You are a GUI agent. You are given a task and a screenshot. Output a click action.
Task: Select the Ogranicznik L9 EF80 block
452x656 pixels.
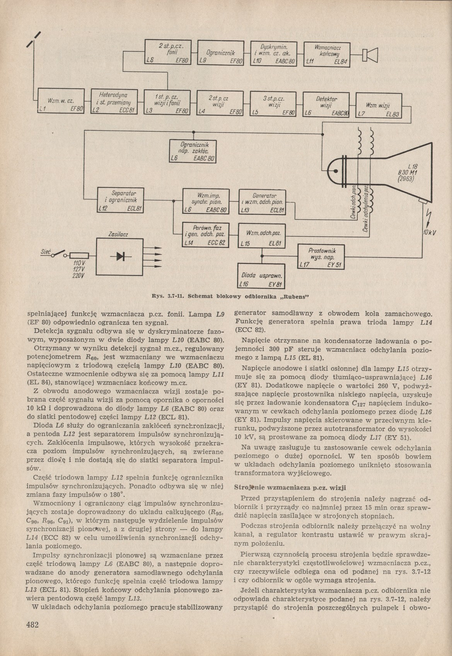pos(220,53)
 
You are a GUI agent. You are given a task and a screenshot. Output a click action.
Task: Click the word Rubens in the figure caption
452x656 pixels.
pos(292,297)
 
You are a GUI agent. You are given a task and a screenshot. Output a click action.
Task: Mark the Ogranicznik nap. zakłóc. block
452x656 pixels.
pos(192,151)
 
